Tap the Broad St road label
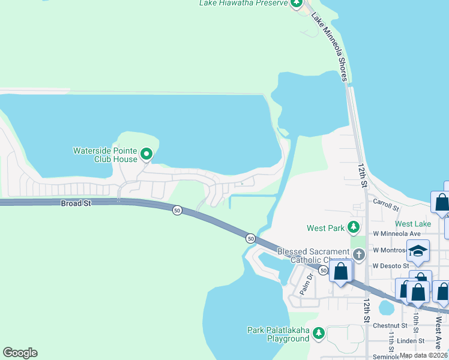76,204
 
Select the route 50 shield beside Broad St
177,211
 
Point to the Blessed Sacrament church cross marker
359,255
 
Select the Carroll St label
386,205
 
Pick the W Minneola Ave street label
397,233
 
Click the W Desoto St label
390,266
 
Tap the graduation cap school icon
418,251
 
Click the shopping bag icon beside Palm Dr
340,271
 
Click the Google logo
20,353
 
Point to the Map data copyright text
424,355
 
